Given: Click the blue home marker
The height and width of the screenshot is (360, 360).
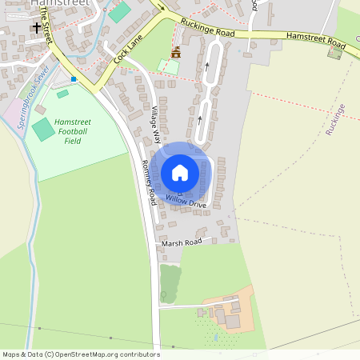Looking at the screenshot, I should coord(180,172).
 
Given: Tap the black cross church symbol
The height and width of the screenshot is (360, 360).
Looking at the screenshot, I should coord(36,28).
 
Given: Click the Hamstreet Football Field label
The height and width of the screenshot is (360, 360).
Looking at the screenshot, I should coord(73,131).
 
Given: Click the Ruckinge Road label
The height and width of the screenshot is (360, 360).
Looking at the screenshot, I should coord(207,28).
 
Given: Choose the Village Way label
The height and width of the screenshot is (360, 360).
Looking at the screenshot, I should coord(157,123).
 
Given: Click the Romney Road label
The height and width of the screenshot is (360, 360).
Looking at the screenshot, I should coord(149,179).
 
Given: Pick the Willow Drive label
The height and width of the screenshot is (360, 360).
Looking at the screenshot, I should coord(186,202).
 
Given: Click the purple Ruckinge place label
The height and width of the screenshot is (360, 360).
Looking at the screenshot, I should coord(335,119).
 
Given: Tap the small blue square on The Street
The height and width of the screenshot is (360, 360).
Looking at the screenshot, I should coord(74,78).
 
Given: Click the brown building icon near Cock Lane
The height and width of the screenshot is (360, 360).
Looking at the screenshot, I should coord(175,52).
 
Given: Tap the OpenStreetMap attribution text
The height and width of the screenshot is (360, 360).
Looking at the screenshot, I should coord(80,354).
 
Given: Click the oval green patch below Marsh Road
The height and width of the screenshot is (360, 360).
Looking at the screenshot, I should coord(170,283).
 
